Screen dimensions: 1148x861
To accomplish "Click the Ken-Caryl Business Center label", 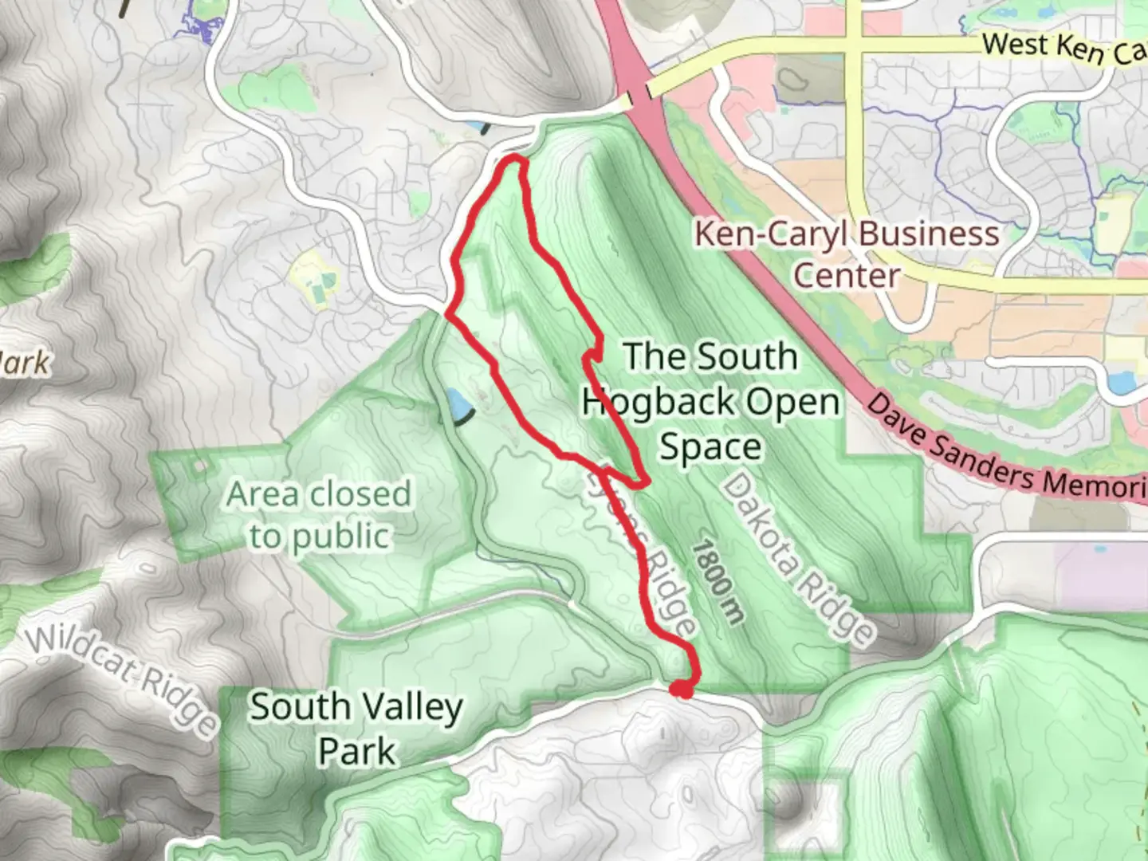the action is pos(846,254).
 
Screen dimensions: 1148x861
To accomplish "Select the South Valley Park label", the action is pos(356,729).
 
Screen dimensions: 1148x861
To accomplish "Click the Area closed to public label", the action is pos(319,515).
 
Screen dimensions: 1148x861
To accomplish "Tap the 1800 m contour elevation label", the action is pos(717,582).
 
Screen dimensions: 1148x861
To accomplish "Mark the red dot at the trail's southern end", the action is pos(681,690).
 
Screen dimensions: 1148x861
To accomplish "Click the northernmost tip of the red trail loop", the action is pos(514,161).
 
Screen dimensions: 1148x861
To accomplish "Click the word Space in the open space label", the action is pos(710,446).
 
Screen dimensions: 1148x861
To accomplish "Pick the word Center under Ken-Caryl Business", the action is pos(846,276).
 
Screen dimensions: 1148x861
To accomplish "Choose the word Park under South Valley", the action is pos(356,751).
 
